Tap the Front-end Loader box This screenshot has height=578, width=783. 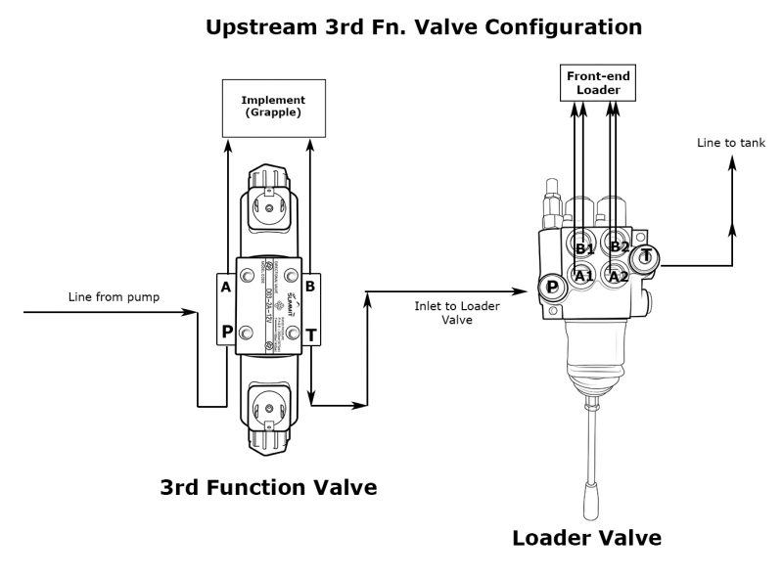click(598, 83)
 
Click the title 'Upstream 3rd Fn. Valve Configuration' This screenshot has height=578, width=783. click(425, 27)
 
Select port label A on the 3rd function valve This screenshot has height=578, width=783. click(226, 287)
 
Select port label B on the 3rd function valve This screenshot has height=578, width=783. click(309, 287)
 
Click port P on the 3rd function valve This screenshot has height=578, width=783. click(226, 332)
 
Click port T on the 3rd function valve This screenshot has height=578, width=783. click(309, 334)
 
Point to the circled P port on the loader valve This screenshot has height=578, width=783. click(551, 286)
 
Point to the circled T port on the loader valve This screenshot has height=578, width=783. click(646, 257)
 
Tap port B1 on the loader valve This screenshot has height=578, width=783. click(584, 248)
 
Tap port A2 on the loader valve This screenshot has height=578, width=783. click(617, 276)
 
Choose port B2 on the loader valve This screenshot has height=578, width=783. click(617, 245)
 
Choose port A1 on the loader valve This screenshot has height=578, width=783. click(584, 277)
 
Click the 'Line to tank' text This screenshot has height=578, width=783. click(730, 142)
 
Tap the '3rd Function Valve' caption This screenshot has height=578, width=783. click(268, 486)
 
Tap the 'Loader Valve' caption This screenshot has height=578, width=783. click(587, 537)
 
